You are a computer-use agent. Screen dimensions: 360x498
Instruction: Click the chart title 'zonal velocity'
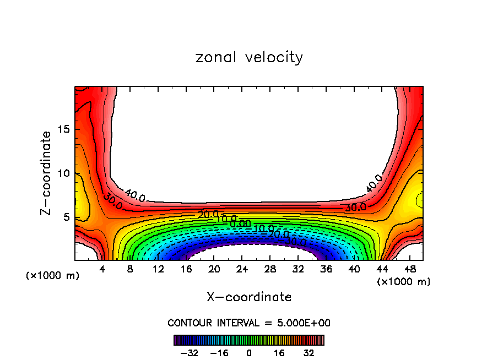pos(249,57)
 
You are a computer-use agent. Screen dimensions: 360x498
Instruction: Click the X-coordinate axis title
pos(249,297)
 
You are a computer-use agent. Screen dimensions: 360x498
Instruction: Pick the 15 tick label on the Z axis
pos(63,129)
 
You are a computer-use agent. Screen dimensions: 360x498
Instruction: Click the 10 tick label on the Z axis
pos(63,173)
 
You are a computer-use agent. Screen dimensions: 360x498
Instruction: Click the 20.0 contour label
pos(208,215)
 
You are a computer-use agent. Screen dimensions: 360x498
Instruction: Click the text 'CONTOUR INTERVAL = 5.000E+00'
pos(249,323)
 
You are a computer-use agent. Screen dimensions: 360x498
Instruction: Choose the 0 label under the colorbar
pos(249,353)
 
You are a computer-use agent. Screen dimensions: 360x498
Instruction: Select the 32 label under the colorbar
pos(308,353)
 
